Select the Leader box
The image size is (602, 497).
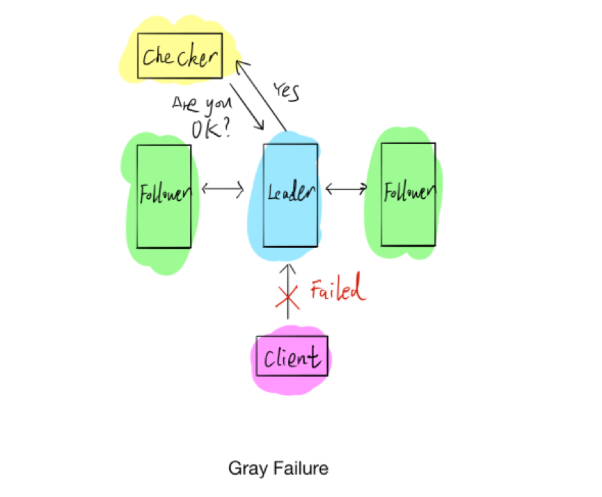tap(290, 195)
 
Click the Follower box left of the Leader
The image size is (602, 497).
tap(164, 195)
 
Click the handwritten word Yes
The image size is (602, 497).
tap(286, 90)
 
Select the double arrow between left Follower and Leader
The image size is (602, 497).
tap(223, 188)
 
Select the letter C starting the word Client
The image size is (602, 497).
tap(269, 357)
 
